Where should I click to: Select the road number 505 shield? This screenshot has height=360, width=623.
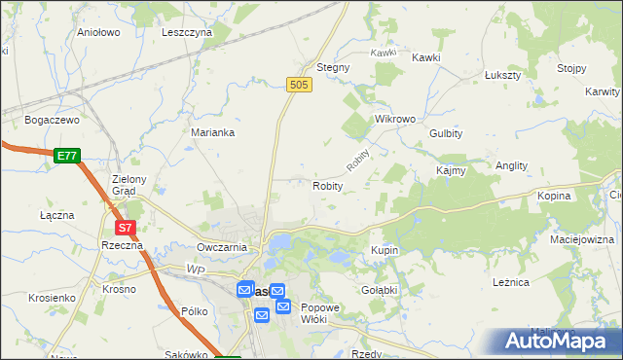(300, 86)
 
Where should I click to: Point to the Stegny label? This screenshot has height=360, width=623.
(333, 68)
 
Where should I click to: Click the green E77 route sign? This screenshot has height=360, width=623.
(66, 155)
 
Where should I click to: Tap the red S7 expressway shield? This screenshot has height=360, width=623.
(125, 228)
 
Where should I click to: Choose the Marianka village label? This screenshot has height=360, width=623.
(212, 132)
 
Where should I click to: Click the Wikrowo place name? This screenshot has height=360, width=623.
(395, 119)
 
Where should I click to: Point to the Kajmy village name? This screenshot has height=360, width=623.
(452, 170)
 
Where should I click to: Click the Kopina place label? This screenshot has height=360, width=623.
(554, 196)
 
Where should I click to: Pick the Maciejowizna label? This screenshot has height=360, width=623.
(582, 239)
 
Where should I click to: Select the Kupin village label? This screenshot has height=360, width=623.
(385, 251)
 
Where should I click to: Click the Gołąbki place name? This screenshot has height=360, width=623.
(380, 290)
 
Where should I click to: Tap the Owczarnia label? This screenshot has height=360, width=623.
(221, 247)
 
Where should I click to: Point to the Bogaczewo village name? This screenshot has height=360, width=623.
(51, 120)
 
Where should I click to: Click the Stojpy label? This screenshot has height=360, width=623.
(571, 68)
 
